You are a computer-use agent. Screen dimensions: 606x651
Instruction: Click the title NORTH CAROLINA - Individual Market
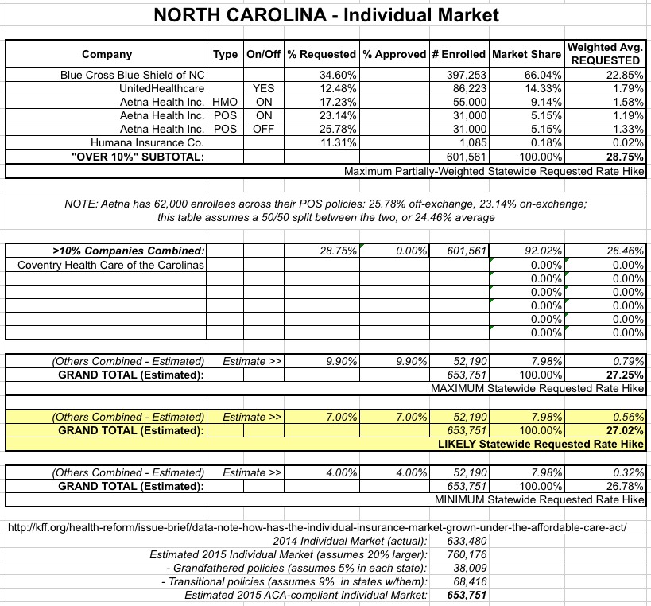point(325,15)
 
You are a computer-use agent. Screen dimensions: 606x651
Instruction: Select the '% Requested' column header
point(321,55)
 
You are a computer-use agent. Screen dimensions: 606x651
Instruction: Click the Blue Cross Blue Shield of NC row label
point(134,74)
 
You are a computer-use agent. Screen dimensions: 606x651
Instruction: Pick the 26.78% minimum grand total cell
point(625,485)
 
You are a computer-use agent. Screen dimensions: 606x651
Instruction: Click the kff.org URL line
point(317,527)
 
